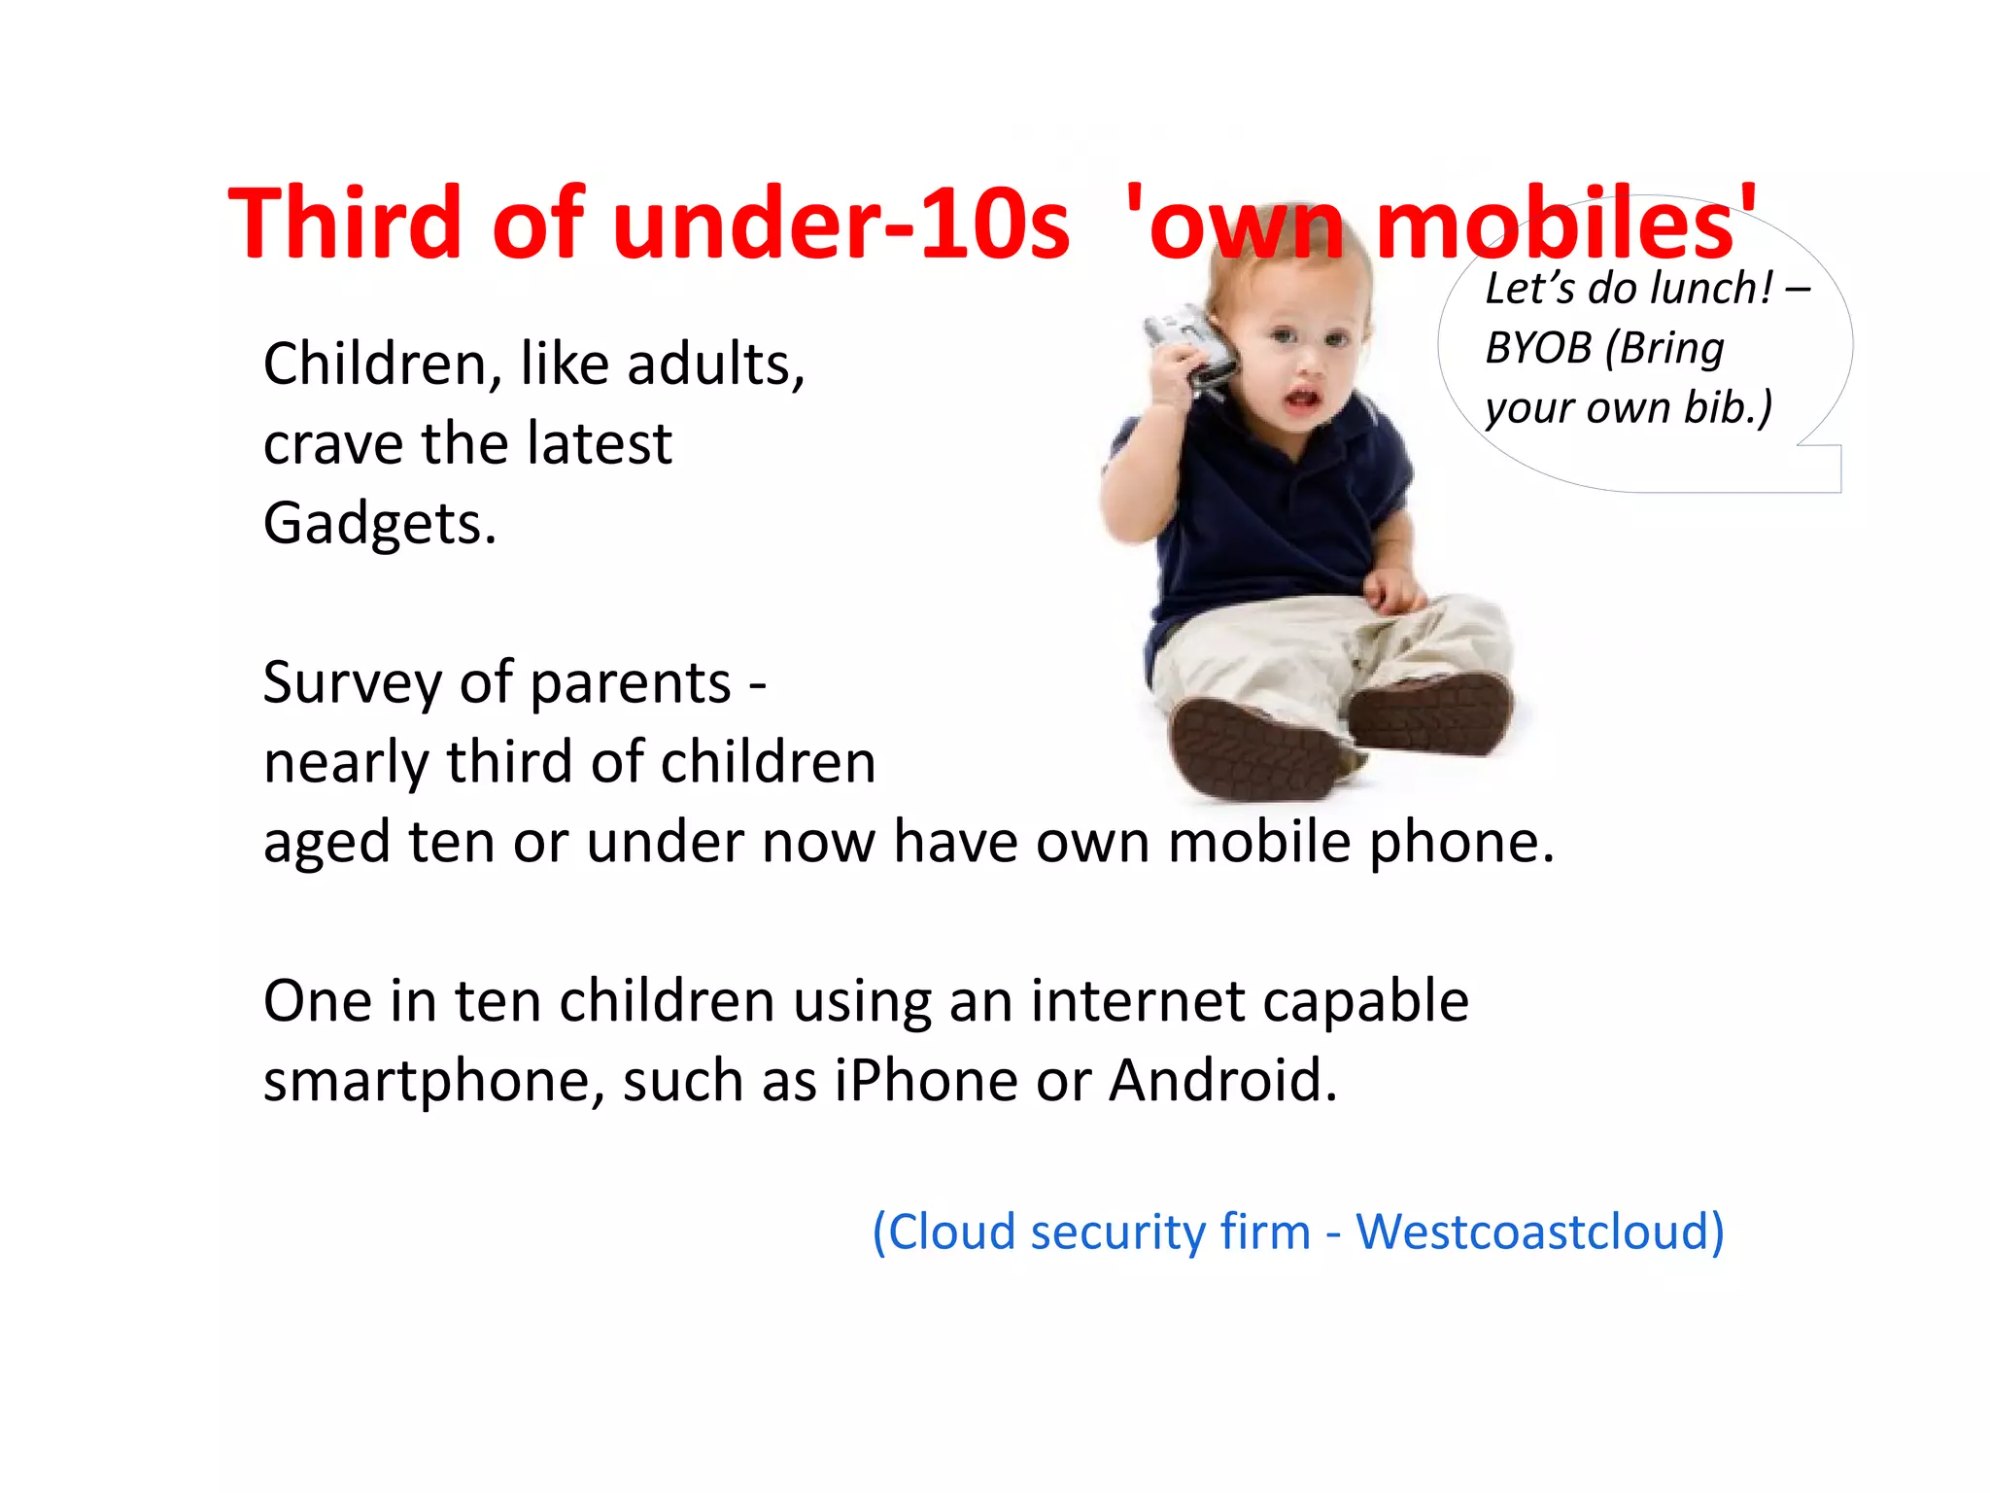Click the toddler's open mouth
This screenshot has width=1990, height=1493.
pos(1302,398)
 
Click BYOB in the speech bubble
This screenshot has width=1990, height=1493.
pos(1538,348)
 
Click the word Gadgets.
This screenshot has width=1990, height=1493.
pos(380,525)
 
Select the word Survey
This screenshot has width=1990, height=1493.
pos(353,683)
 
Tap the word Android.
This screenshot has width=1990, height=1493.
pos(1223,1080)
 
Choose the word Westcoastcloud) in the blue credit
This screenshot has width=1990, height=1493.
pos(1540,1233)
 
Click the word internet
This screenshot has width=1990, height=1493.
pos(1138,1001)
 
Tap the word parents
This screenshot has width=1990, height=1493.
pos(631,683)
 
